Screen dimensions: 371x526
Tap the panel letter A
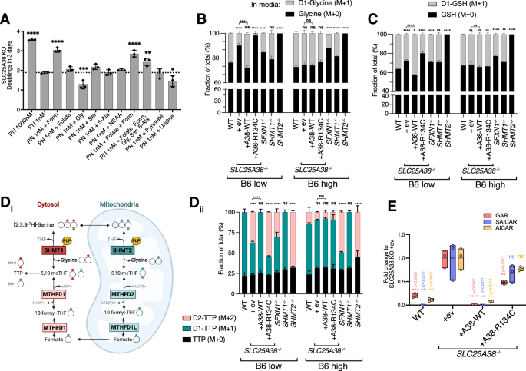[x=5, y=7]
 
